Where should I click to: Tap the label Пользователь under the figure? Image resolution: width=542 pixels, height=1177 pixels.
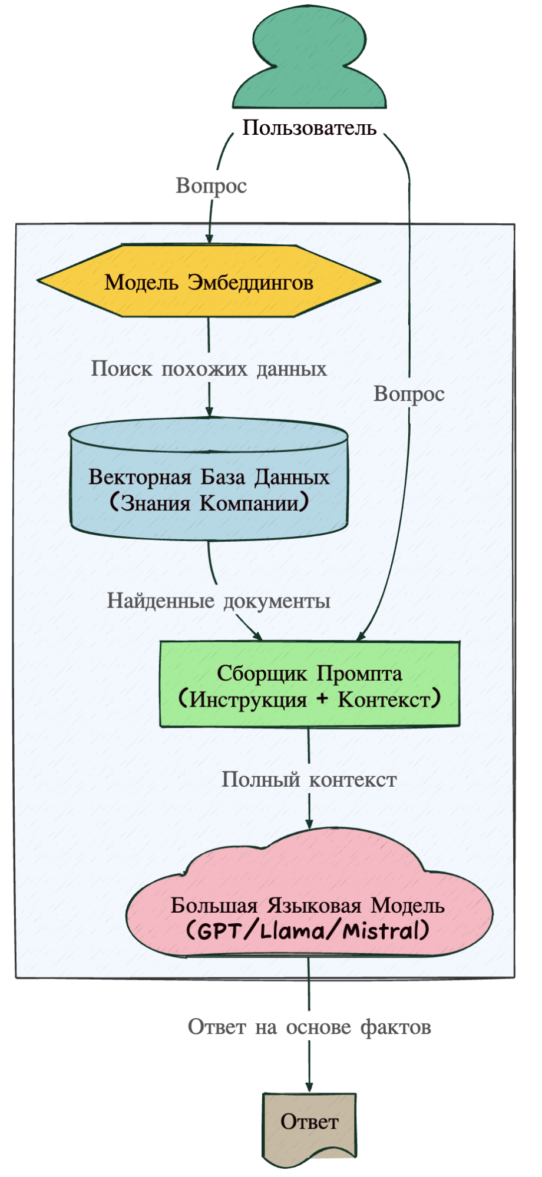pos(309,128)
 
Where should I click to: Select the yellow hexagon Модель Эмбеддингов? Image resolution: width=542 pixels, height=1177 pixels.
pos(209,282)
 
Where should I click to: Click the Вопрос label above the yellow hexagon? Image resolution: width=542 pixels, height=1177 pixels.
pos(211,185)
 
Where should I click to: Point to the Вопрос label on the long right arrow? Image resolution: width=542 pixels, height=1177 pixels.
pos(409,394)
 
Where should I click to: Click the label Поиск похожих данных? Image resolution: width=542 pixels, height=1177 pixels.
pos(209,369)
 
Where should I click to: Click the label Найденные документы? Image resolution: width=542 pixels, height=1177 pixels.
pos(218,601)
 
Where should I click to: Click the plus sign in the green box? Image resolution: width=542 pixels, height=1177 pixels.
pos(322,699)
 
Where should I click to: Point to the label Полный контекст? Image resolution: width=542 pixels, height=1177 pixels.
pos(309,780)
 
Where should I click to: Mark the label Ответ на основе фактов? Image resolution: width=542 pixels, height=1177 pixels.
pos(309,1027)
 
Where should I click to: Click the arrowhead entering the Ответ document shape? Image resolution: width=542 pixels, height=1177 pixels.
pos(309,1088)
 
